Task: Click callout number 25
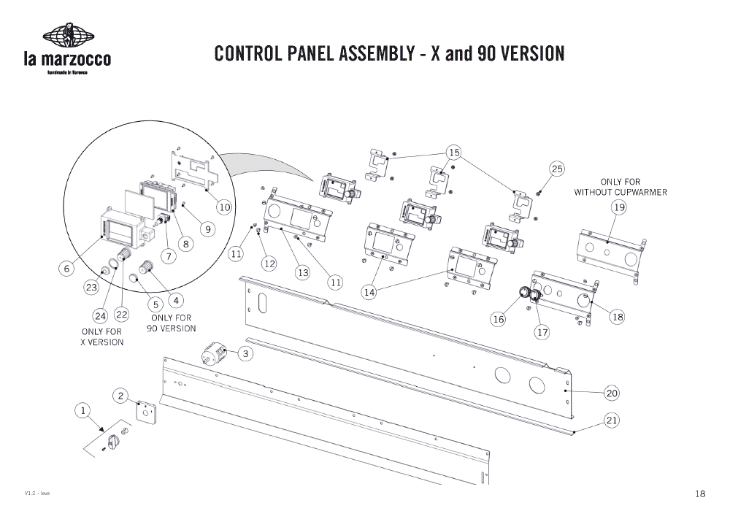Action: pyautogui.click(x=558, y=169)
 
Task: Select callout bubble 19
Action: pyautogui.click(x=619, y=208)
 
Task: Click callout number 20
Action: pyautogui.click(x=612, y=393)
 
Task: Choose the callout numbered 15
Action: pyautogui.click(x=454, y=153)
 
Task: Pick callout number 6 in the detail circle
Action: pyautogui.click(x=66, y=268)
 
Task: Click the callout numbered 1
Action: pyautogui.click(x=83, y=411)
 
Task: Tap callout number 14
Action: pyautogui.click(x=369, y=292)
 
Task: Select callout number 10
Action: pyautogui.click(x=224, y=207)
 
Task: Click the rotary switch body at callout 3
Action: pyautogui.click(x=213, y=356)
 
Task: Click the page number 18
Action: pyautogui.click(x=700, y=494)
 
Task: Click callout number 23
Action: pyautogui.click(x=91, y=288)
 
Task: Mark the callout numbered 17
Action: pyautogui.click(x=542, y=332)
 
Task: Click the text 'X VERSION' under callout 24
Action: pyautogui.click(x=102, y=342)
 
